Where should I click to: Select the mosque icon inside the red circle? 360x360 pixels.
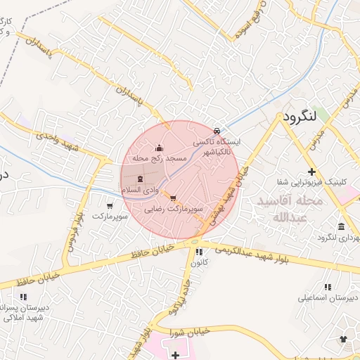[159, 148]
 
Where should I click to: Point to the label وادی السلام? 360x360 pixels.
[137, 190]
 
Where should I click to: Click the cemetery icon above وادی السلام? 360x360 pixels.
[138, 179]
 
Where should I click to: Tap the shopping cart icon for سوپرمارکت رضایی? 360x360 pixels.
[174, 198]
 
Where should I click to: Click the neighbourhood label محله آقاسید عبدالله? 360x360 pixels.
[290, 208]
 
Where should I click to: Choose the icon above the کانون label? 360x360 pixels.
[199, 251]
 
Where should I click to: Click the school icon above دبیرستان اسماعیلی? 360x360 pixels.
[328, 287]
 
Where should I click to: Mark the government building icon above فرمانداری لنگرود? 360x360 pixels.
[341, 226]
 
